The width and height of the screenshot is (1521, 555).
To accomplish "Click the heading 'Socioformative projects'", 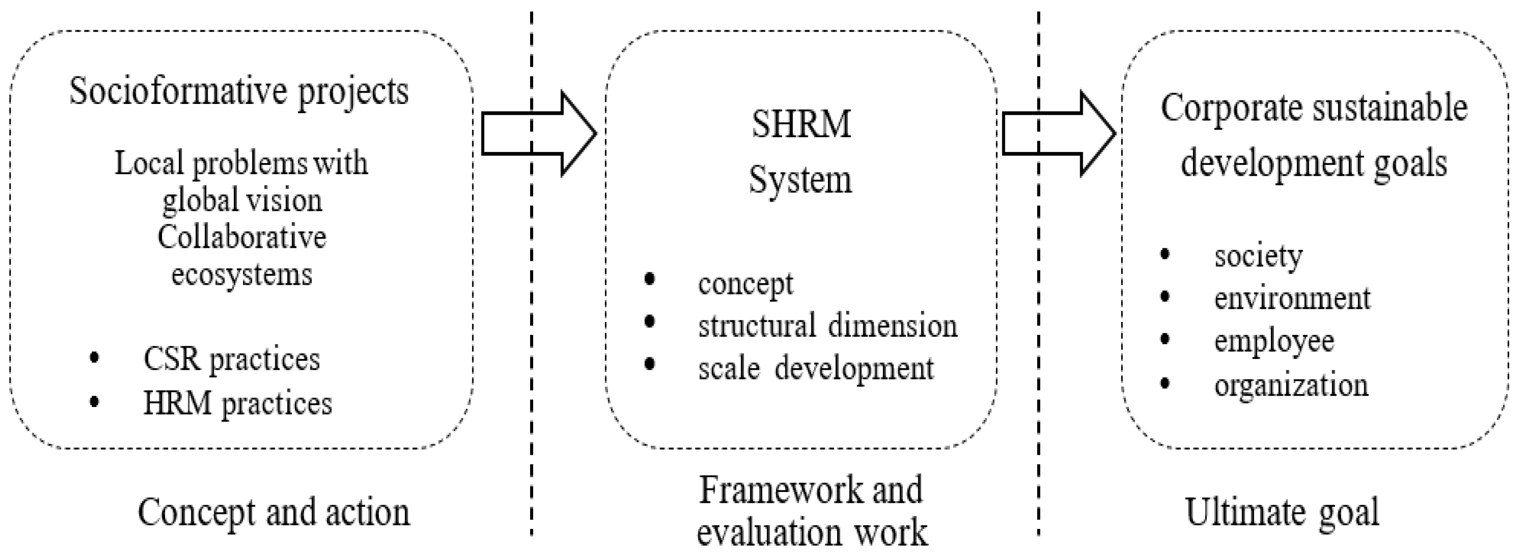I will [238, 92].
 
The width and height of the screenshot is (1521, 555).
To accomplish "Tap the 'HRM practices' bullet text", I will [237, 404].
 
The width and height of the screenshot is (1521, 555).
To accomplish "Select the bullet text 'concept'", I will [746, 284].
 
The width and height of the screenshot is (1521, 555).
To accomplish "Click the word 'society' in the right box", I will [1258, 256].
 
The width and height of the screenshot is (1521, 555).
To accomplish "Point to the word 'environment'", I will [1292, 298].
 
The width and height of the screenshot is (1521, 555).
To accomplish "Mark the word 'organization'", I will [1291, 385].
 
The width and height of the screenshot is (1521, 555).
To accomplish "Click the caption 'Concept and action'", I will [273, 512].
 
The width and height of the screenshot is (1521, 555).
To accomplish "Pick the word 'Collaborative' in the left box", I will [241, 237].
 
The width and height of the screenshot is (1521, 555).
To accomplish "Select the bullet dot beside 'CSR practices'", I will [94, 358].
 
